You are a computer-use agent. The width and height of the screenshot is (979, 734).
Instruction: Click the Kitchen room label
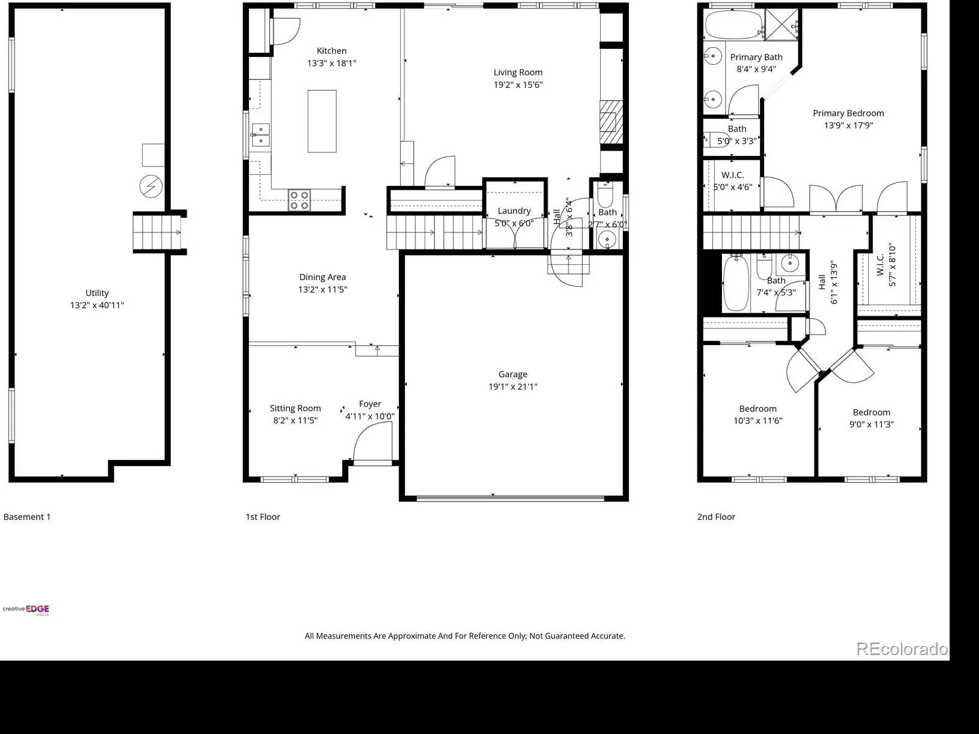click(x=332, y=51)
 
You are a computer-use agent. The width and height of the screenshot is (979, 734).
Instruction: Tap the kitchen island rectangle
click(x=322, y=121)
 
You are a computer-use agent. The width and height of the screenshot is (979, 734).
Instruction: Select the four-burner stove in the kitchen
click(x=299, y=200)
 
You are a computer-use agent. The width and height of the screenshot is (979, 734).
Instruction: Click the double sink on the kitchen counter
click(x=261, y=135)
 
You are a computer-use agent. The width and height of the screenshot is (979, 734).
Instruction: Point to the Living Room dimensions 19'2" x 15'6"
click(x=518, y=84)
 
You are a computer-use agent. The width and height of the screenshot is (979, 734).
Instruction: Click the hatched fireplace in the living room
click(x=611, y=122)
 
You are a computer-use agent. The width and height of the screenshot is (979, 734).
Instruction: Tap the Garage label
click(x=513, y=374)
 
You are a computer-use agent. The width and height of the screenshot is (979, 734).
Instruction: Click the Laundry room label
click(x=514, y=211)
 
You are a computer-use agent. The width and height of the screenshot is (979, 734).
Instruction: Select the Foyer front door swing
click(x=373, y=441)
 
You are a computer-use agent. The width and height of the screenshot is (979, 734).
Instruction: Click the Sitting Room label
click(x=296, y=408)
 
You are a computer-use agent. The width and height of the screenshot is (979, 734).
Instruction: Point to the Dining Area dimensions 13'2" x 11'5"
click(x=322, y=290)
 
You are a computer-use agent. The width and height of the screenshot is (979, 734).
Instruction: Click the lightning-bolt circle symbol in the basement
click(x=151, y=187)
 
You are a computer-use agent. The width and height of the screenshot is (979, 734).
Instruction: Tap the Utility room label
click(x=97, y=293)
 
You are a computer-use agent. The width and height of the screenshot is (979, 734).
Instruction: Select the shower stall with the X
click(x=781, y=24)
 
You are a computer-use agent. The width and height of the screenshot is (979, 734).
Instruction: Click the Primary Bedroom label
click(x=848, y=113)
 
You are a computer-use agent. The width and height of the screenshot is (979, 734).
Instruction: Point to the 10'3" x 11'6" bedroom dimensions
click(x=758, y=421)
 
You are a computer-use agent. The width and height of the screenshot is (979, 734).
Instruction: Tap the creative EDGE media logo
click(x=26, y=610)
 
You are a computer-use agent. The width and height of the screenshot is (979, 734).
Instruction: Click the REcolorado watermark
click(x=902, y=649)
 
